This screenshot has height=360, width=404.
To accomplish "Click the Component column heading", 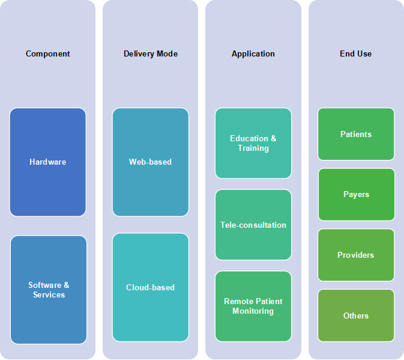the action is [47, 53].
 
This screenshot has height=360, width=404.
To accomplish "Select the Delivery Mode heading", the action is [151, 53].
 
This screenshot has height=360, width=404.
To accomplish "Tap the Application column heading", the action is [253, 53].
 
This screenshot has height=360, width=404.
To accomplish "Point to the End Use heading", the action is [355, 53].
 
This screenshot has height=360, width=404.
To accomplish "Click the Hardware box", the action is [47, 162].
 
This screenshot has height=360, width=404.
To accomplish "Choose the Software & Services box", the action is [49, 290].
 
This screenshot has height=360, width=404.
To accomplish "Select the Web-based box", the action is [151, 162].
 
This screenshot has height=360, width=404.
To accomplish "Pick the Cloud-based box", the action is [151, 287].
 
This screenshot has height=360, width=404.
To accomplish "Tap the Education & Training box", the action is [253, 143].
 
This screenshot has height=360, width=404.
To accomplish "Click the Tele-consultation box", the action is [253, 225].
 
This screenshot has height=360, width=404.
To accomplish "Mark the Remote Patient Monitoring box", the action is [253, 306].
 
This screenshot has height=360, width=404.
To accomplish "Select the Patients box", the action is [356, 134].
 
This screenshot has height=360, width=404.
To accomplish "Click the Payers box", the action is [357, 195].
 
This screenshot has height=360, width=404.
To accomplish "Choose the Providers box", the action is [356, 255].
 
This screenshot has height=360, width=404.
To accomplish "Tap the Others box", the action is [356, 316].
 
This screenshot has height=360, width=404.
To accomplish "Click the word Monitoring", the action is [253, 311].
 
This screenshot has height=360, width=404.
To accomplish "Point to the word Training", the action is [253, 148].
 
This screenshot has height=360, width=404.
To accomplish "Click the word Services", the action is [49, 294].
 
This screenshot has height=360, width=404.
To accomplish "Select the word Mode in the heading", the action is [167, 53].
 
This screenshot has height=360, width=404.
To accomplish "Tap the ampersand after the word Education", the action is [273, 138].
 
